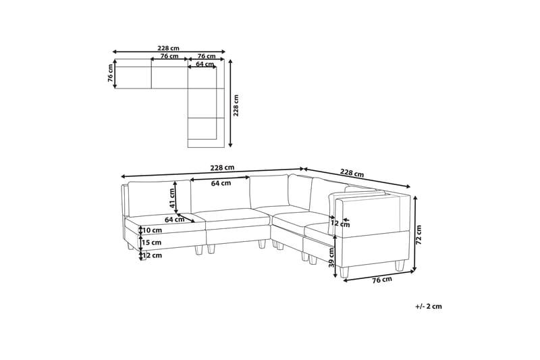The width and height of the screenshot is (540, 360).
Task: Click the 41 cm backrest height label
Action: pyautogui.click(x=172, y=197)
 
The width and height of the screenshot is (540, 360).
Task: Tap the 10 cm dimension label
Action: pyautogui.click(x=152, y=230)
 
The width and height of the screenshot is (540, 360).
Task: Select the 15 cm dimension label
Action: pyautogui.click(x=152, y=242)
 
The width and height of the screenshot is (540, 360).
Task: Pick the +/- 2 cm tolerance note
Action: pyautogui.click(x=428, y=306)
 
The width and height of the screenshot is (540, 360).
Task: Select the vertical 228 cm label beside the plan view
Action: pyautogui.click(x=236, y=105)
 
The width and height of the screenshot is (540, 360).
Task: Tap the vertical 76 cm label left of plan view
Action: pyautogui.click(x=110, y=74)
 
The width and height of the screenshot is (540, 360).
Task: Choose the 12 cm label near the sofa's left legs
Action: pyautogui.click(x=152, y=255)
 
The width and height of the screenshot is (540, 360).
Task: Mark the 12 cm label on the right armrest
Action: pyautogui.click(x=335, y=224)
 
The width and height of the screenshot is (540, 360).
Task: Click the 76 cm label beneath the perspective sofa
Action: pyautogui.click(x=382, y=280)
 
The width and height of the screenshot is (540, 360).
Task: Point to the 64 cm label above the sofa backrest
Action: pyautogui.click(x=220, y=183)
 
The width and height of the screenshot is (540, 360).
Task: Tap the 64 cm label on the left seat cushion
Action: pyautogui.click(x=175, y=220)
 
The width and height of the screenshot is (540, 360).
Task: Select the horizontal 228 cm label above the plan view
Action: pyautogui.click(x=168, y=48)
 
